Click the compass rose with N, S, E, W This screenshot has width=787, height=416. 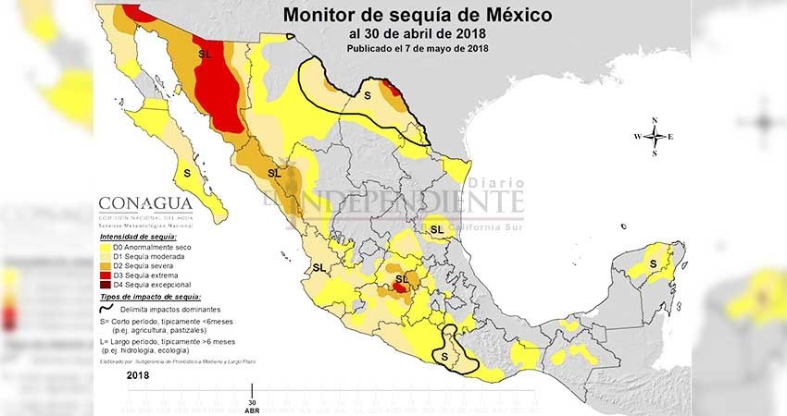tap(654, 136)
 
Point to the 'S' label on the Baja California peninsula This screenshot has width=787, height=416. tap(188, 173)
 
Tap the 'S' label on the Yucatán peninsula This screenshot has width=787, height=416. tap(654, 264)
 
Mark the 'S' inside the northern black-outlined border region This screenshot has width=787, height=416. tap(367, 95)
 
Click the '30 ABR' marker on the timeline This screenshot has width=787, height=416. tap(253, 406)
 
